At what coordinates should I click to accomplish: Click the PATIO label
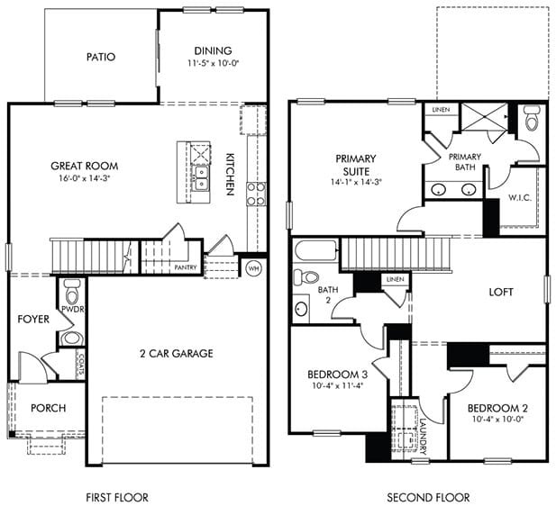(x=100, y=58)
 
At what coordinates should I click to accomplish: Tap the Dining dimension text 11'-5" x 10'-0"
(x=213, y=64)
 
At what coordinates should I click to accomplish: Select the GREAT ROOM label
(x=84, y=166)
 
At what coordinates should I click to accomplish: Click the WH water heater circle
(x=253, y=267)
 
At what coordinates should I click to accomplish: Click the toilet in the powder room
(x=72, y=290)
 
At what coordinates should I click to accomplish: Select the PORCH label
(x=48, y=408)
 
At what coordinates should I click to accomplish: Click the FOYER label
(x=32, y=320)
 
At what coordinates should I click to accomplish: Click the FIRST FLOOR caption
(x=116, y=497)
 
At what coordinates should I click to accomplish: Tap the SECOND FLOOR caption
(x=428, y=497)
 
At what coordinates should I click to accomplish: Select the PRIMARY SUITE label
(x=355, y=165)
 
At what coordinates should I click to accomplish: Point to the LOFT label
(x=501, y=293)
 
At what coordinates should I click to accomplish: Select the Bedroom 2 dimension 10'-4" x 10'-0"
(x=495, y=420)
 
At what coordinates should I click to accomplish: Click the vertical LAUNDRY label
(x=423, y=431)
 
